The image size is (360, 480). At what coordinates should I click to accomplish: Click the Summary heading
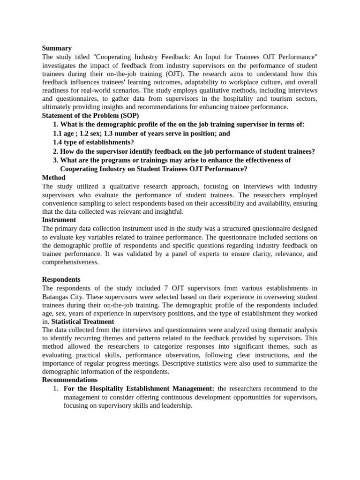[x=57, y=48]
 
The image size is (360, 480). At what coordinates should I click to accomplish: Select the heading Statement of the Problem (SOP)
[x=90, y=115]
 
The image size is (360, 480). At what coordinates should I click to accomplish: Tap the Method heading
[x=53, y=178]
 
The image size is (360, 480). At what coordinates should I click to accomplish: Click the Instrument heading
[x=59, y=219]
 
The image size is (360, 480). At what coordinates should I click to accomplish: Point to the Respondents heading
[x=61, y=279]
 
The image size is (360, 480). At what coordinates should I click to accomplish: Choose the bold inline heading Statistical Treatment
[x=82, y=322]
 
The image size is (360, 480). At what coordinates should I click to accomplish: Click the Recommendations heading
[x=70, y=380]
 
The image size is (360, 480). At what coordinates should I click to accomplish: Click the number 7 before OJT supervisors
[x=174, y=288]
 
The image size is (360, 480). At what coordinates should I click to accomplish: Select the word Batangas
[x=57, y=297]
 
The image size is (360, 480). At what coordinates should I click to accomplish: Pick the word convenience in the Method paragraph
[x=63, y=203]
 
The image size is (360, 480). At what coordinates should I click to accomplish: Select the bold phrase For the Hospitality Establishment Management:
[x=139, y=389]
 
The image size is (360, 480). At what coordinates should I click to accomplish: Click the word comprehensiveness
[x=70, y=262]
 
